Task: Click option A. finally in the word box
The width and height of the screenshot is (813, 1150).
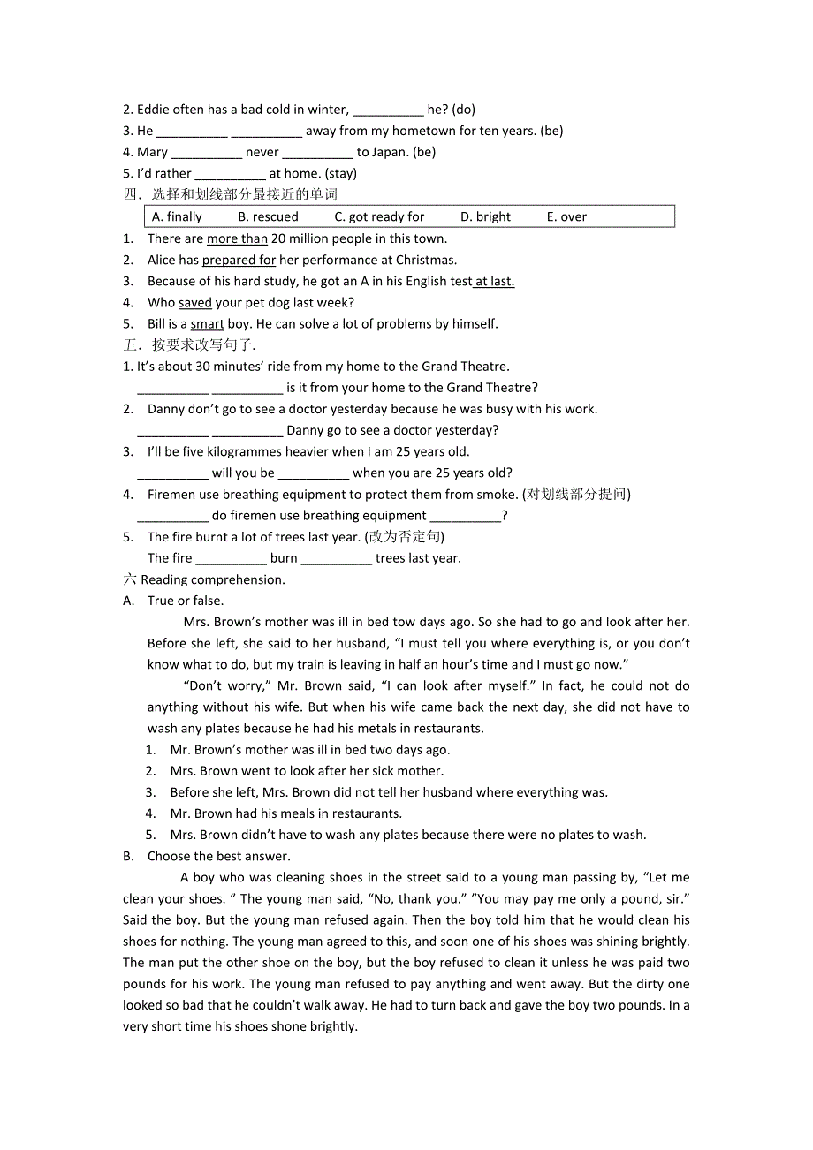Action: pos(177,216)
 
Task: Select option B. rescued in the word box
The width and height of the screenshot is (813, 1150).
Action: pos(269,216)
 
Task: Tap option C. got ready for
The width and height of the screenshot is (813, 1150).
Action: pos(379,216)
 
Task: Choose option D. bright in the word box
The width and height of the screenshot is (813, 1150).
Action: pos(485,216)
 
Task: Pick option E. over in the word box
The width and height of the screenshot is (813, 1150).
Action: pos(566,216)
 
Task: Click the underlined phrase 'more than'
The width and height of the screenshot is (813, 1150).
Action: pos(237,238)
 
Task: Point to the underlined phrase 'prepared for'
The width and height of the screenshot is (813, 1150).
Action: pos(239,260)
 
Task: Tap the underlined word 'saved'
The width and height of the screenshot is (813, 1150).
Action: pos(194,302)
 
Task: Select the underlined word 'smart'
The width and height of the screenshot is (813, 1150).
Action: pos(207,323)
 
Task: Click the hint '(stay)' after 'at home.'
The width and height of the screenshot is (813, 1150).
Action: pos(340,173)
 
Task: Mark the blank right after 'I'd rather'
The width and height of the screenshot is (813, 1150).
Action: pos(230,174)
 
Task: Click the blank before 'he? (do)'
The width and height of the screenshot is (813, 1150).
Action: pos(388,110)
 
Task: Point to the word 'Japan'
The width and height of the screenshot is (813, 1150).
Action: pos(391,152)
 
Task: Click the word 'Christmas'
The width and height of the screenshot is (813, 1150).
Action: pos(426,260)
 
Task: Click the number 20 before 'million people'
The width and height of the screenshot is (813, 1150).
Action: pos(278,238)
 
